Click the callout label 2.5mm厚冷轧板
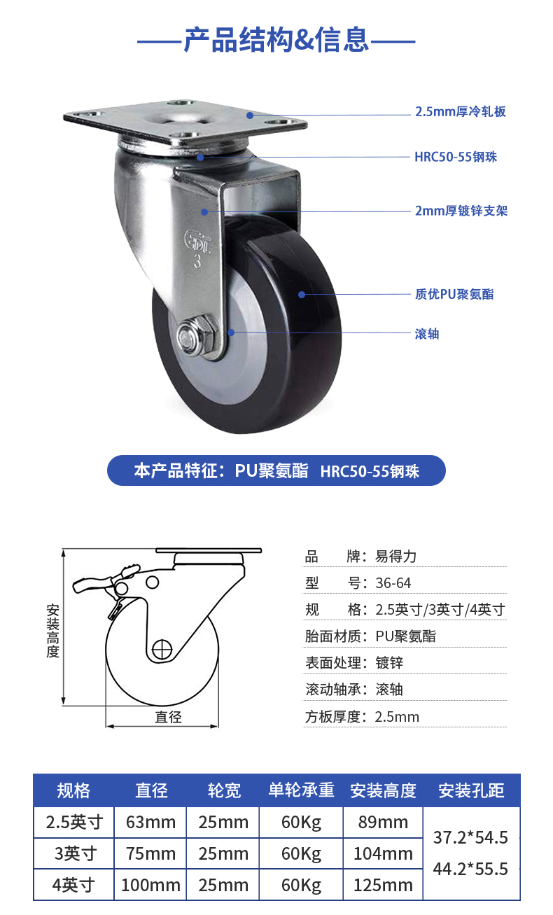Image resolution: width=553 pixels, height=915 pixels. click(461, 111)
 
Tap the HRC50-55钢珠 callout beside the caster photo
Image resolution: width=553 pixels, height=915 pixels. click(456, 157)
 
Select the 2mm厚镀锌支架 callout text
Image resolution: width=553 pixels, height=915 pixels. click(461, 211)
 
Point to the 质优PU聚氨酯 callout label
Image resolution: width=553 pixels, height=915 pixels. click(454, 294)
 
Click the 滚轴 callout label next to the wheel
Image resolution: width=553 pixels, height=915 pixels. click(427, 334)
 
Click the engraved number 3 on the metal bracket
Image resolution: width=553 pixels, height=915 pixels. click(197, 261)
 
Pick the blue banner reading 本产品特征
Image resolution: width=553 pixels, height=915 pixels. click(276, 470)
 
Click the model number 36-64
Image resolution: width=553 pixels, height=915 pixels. click(393, 583)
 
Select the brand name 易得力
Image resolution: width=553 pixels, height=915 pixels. click(395, 557)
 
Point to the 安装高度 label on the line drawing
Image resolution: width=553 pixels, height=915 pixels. click(52, 631)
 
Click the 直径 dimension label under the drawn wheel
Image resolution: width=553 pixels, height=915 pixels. click(168, 716)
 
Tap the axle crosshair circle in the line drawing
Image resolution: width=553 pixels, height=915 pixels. click(162, 649)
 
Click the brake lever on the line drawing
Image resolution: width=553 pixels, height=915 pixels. click(106, 579)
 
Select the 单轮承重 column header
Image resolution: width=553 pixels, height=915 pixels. click(301, 790)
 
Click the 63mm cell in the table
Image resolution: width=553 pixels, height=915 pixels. click(150, 822)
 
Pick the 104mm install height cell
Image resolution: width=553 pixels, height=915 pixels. click(383, 853)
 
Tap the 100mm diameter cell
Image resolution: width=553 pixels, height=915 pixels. click(150, 885)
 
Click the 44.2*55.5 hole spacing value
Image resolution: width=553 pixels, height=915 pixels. click(470, 869)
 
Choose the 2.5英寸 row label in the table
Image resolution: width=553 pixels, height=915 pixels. click(74, 822)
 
